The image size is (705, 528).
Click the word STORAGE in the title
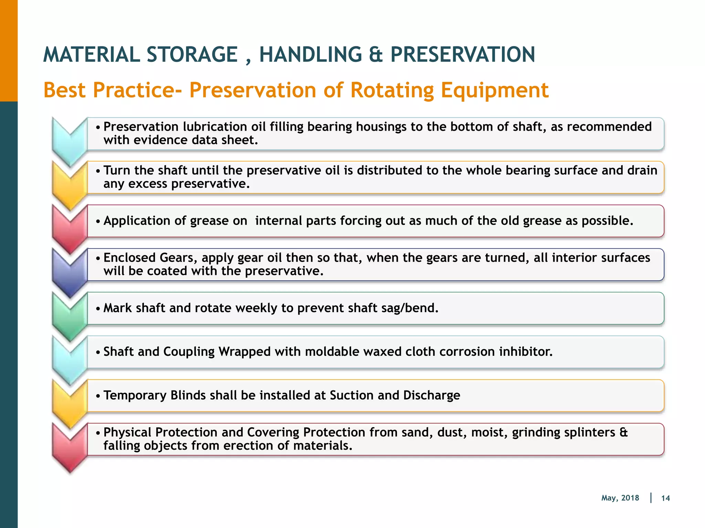[x=192, y=55]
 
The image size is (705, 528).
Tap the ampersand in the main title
[x=376, y=55]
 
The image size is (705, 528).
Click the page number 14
[x=665, y=498]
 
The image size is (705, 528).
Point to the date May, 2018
[x=620, y=498]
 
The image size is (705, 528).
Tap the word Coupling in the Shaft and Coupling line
[x=189, y=352]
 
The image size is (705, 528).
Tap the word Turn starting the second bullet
[x=117, y=170]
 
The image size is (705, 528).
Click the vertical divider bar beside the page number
[x=651, y=498]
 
